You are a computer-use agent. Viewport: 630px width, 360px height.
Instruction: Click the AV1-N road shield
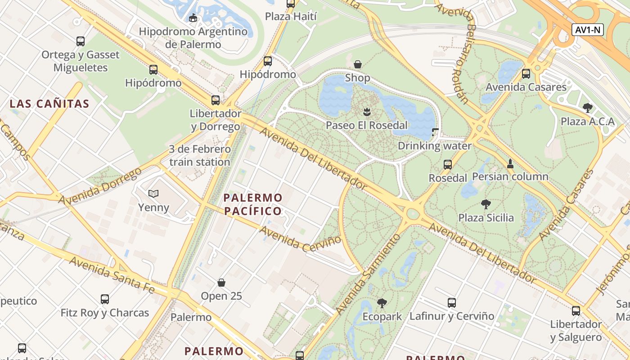click(x=587, y=30)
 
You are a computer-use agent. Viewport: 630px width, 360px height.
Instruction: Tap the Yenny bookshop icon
click(x=153, y=193)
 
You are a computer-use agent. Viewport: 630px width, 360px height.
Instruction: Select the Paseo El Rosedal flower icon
click(x=367, y=111)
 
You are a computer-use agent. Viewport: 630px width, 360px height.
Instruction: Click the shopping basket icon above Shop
click(x=358, y=64)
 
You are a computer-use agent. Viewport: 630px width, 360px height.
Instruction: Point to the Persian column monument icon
click(x=510, y=163)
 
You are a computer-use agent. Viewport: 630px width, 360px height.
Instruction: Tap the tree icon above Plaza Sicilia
click(x=486, y=204)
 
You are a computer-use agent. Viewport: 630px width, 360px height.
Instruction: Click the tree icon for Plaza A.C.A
click(x=587, y=108)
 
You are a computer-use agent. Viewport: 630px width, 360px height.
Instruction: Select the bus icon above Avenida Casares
click(x=526, y=73)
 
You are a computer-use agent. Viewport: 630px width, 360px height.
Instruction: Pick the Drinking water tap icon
click(x=435, y=132)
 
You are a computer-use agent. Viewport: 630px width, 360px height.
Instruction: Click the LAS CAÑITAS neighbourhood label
click(x=49, y=104)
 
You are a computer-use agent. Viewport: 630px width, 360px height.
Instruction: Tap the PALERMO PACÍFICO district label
click(x=252, y=204)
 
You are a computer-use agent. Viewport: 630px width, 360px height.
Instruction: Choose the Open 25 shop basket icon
click(x=221, y=283)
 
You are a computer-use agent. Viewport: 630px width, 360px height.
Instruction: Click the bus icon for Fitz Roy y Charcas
click(x=105, y=299)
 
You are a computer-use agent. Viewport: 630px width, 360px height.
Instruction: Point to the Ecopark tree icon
click(x=382, y=303)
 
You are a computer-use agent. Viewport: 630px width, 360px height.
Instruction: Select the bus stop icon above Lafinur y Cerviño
click(x=452, y=303)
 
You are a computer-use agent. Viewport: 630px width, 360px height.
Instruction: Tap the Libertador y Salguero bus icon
click(x=576, y=310)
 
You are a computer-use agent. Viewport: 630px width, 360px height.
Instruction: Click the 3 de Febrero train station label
click(x=199, y=155)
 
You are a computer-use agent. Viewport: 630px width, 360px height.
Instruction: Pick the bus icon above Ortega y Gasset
click(x=81, y=41)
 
